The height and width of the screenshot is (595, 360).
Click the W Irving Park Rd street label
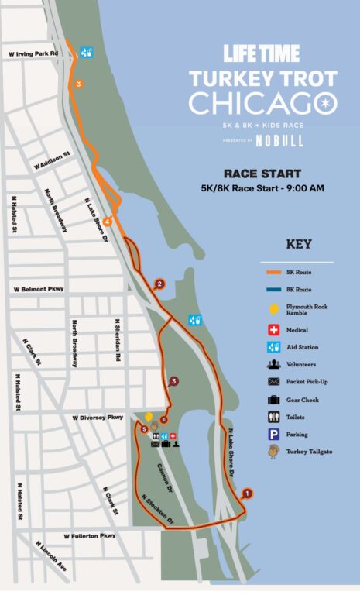[33, 53]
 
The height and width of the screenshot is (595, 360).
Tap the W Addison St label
[52, 160]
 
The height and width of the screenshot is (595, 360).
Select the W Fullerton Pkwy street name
[91, 535]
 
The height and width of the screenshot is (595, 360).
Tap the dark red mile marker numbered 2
[159, 284]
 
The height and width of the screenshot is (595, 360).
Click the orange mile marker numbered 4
[108, 222]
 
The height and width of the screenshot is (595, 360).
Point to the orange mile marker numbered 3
[77, 84]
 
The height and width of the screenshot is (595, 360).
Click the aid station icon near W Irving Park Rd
[87, 53]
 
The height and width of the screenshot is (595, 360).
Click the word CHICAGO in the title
[262, 104]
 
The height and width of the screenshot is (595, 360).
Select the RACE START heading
[262, 174]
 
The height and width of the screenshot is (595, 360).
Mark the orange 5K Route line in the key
[272, 272]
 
